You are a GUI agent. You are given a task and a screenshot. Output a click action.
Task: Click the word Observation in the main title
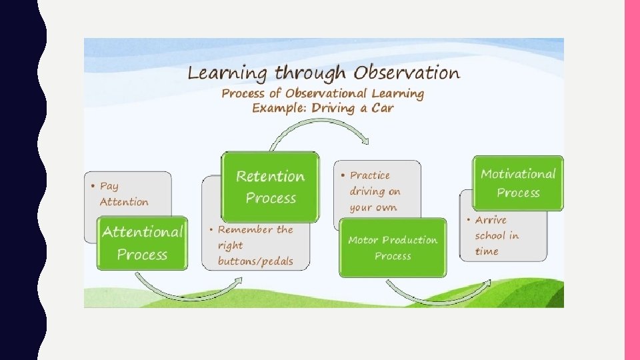(407, 73)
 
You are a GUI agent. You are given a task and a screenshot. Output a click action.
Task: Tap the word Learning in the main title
(227, 73)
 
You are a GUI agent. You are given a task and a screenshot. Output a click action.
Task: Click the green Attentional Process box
(142, 243)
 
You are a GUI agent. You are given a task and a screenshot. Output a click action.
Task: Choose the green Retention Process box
(270, 187)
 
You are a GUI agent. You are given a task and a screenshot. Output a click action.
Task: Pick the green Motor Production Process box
(393, 247)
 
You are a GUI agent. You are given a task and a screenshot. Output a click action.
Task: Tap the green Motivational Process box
(518, 183)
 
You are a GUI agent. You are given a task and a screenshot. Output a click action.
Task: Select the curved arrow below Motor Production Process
(433, 297)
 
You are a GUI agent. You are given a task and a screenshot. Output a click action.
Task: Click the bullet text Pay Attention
(123, 194)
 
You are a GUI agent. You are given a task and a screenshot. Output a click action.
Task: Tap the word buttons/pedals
(255, 261)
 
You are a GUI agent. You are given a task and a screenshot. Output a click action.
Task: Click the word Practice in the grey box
(370, 175)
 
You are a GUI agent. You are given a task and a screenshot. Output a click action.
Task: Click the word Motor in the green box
(363, 240)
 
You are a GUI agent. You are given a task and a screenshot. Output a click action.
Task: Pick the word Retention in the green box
(270, 177)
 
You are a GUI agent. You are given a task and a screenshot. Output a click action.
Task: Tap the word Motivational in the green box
(518, 174)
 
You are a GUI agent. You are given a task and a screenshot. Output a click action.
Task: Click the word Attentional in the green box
(142, 233)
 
